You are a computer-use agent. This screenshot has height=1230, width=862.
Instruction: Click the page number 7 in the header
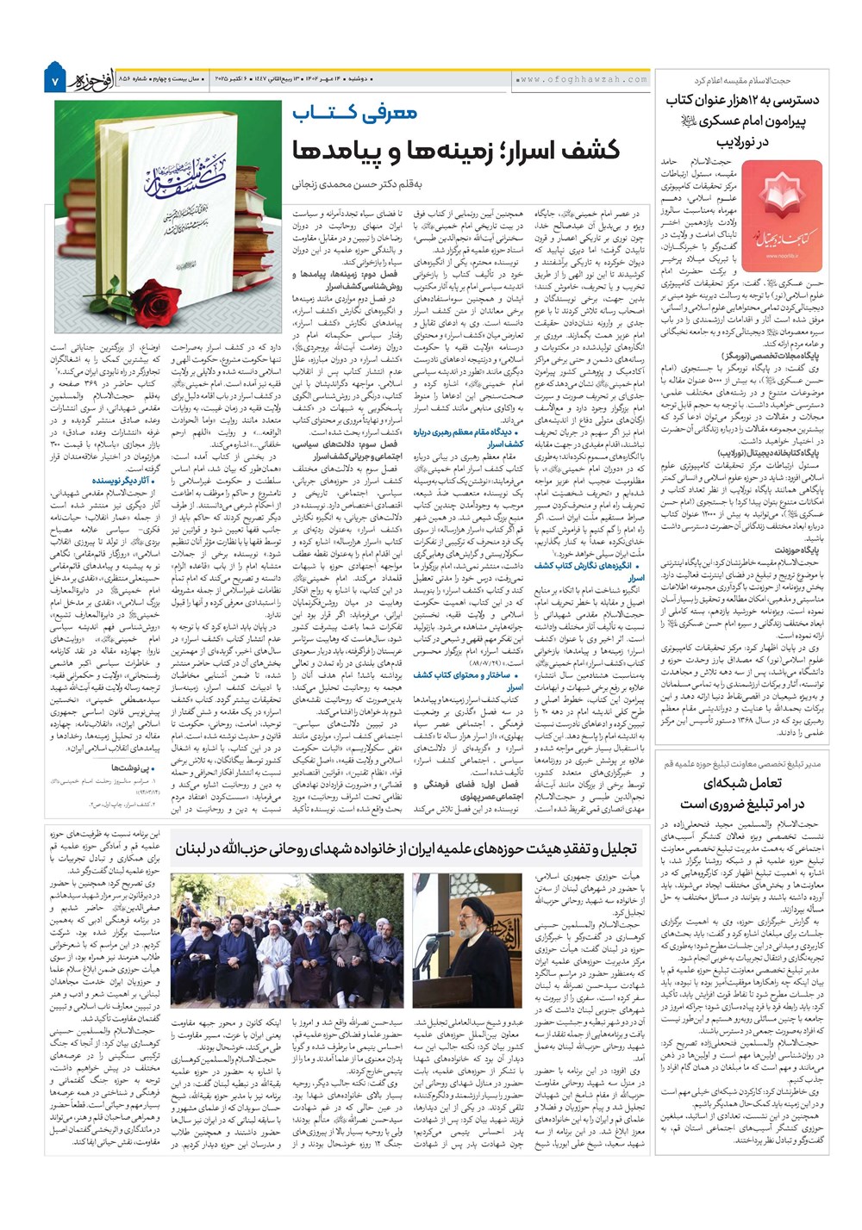[x=53, y=80]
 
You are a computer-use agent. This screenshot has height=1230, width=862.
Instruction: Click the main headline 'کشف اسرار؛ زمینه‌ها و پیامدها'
[x=457, y=149]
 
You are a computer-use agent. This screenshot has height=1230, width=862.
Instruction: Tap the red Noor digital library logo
[x=781, y=204]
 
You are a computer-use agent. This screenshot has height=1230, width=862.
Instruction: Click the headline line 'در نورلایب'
[x=740, y=142]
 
